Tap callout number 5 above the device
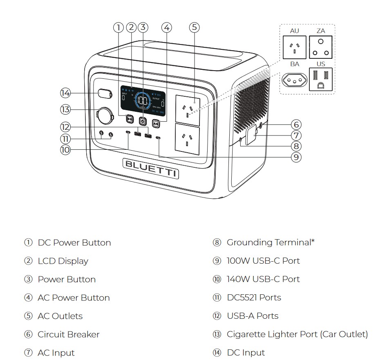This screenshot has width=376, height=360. point(195,27)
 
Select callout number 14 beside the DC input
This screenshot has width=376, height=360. point(65,93)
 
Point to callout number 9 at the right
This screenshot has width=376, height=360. point(296,157)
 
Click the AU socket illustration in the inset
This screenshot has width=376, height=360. point(294,47)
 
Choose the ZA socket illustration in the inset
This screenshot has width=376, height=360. point(321,47)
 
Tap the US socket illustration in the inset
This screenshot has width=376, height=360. point(321,79)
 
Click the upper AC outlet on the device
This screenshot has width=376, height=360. point(187,109)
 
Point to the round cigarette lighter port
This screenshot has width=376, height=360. point(105,116)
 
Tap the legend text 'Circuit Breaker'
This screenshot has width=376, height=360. point(69,335)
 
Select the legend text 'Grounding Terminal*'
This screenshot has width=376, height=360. point(271,242)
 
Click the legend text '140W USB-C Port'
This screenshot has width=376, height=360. point(263,279)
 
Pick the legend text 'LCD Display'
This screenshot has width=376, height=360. point(63,261)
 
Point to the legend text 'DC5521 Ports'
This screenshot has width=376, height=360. point(254,298)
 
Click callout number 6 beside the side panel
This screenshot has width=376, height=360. point(296,124)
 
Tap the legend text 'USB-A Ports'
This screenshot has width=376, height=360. point(253,316)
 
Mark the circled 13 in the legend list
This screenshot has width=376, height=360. point(217,335)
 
